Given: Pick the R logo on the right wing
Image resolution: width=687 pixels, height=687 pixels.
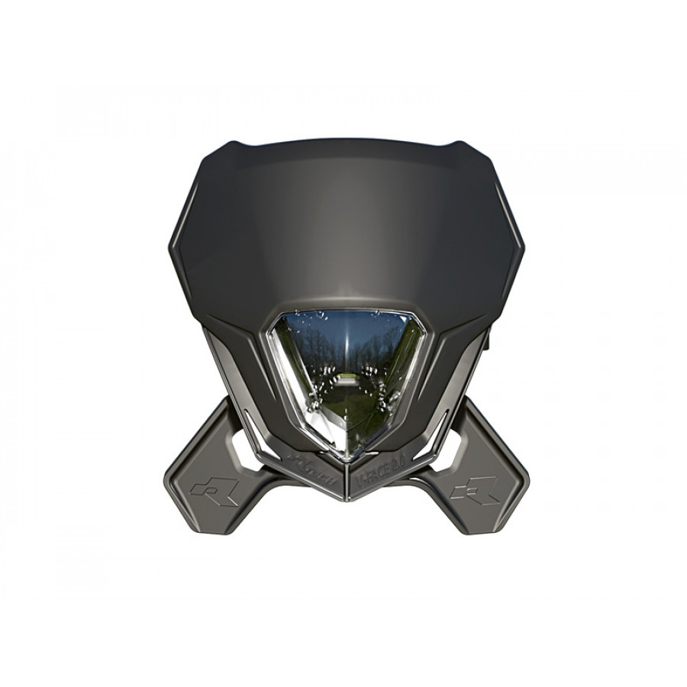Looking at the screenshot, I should [475, 489].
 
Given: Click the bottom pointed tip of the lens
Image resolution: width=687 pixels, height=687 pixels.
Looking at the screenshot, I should [347, 457].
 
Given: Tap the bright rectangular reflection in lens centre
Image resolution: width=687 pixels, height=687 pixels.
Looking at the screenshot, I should [347, 379].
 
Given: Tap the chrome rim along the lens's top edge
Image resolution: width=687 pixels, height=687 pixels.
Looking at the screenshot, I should [347, 311].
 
